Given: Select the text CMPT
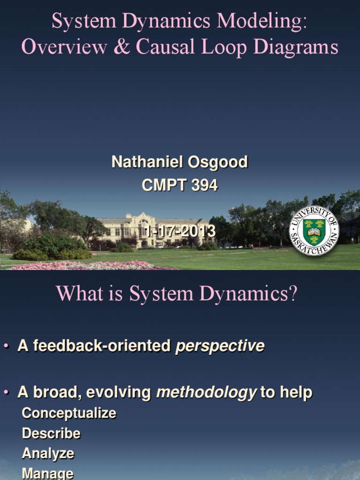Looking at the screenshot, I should pyautogui.click(x=161, y=186).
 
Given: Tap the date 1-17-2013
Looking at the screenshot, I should pyautogui.click(x=180, y=231).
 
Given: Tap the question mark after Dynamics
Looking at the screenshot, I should pyautogui.click(x=293, y=294).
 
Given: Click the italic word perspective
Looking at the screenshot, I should pyautogui.click(x=219, y=346).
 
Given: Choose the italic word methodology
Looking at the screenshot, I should pyautogui.click(x=206, y=392).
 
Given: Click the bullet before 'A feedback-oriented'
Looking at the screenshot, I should pyautogui.click(x=6, y=346).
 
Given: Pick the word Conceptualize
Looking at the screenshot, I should pyautogui.click(x=69, y=413).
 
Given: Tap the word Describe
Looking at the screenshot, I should pyautogui.click(x=51, y=433).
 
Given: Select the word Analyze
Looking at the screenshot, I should pyautogui.click(x=48, y=453).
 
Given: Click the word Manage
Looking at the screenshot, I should pyautogui.click(x=47, y=473).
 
